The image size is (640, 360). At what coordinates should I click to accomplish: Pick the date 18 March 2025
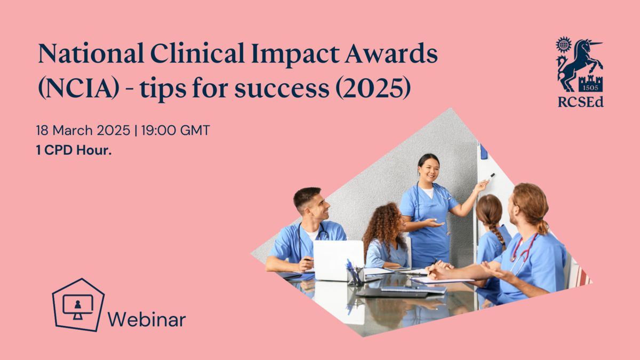(83, 130)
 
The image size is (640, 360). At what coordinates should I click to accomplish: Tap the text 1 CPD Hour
(74, 150)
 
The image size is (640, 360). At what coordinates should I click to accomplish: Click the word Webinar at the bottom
(147, 319)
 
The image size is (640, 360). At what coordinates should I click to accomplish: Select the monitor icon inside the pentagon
(78, 307)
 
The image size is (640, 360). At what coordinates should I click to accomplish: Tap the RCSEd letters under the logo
(581, 102)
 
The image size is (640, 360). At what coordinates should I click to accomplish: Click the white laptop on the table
(339, 260)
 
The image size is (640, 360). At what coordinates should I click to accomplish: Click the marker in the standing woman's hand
(491, 176)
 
